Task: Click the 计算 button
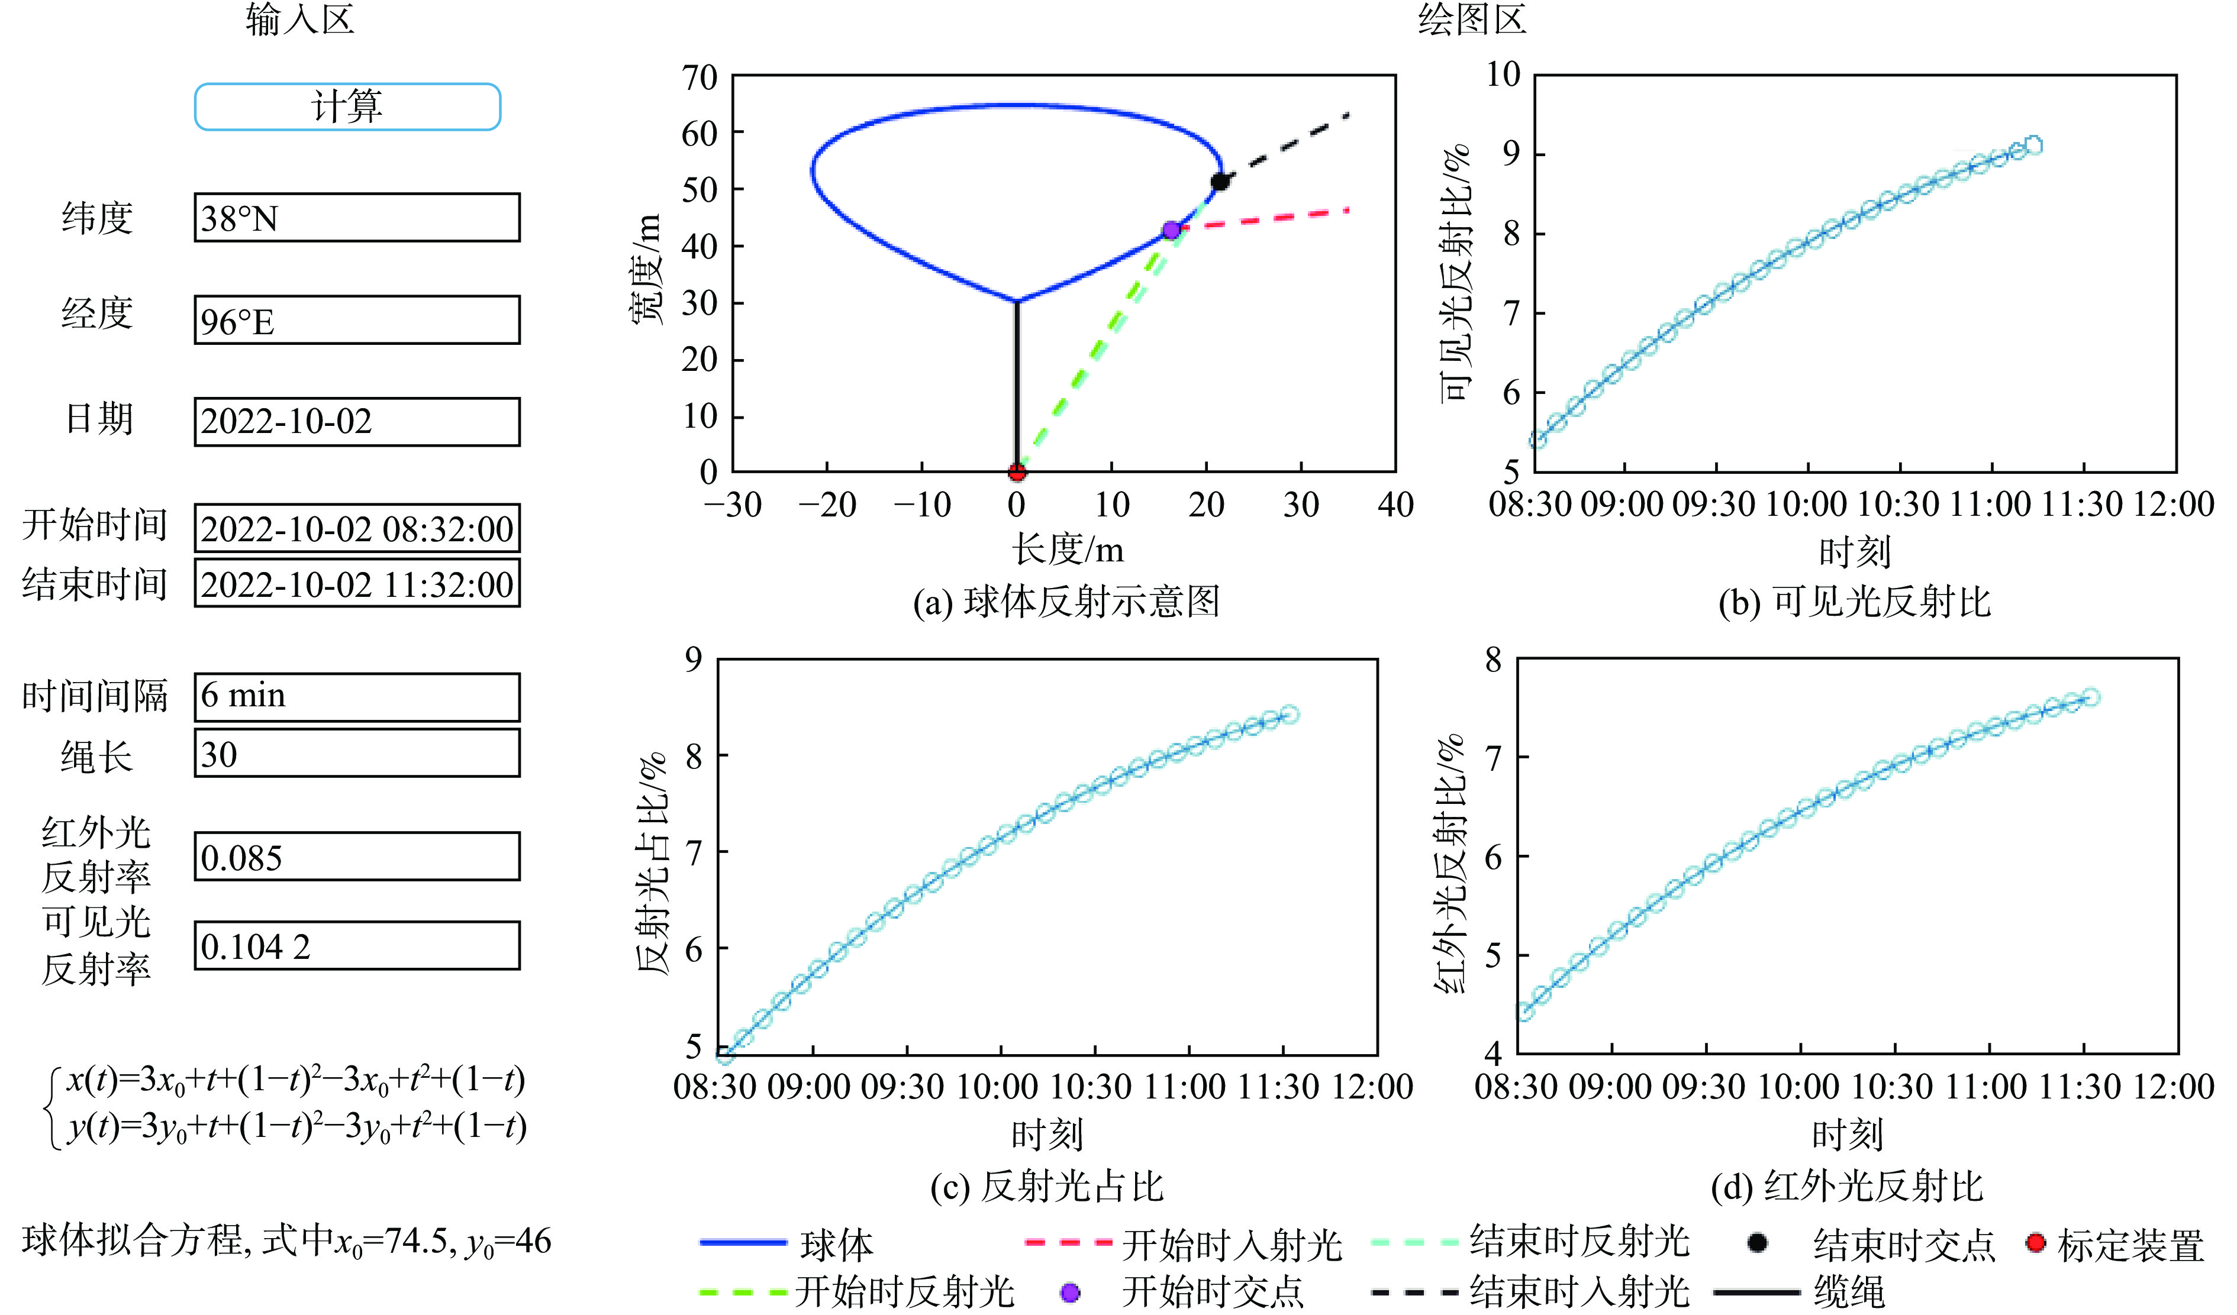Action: (x=347, y=106)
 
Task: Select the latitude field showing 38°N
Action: (x=357, y=218)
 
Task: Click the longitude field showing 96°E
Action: (x=357, y=321)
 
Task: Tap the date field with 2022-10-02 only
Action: (x=357, y=421)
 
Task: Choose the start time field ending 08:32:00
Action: (x=357, y=529)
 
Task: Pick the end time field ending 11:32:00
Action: (x=357, y=584)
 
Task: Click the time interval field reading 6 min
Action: (x=357, y=697)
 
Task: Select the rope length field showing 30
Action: (x=357, y=754)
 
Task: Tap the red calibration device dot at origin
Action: (x=1017, y=471)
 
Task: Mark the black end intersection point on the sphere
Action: (x=1220, y=182)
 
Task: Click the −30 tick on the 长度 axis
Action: (x=733, y=505)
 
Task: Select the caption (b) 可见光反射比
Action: (x=1855, y=602)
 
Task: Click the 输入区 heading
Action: (x=300, y=20)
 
